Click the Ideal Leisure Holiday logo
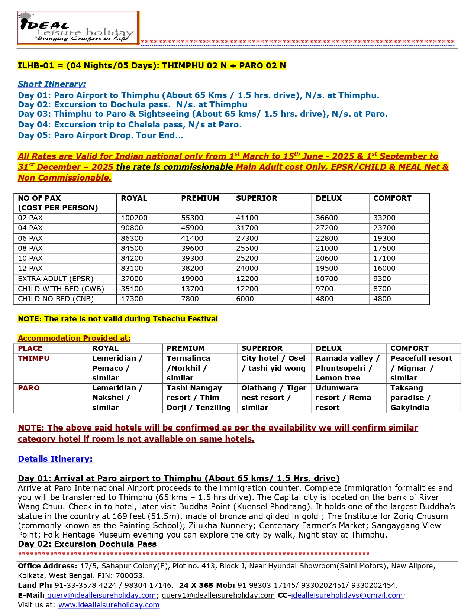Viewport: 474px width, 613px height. (78, 28)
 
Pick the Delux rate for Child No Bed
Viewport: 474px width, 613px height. (324, 299)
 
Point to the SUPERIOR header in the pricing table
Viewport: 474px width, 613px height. (257, 198)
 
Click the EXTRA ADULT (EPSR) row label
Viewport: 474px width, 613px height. (55, 279)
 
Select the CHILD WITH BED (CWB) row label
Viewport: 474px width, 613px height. (61, 289)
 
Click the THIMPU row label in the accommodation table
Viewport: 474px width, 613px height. (33, 359)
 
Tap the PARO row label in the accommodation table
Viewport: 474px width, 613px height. (29, 388)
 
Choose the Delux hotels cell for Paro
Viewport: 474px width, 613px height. (343, 398)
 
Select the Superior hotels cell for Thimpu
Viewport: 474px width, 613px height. (273, 363)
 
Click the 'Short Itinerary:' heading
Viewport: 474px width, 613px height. (52, 84)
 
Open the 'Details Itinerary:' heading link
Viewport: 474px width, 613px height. (55, 459)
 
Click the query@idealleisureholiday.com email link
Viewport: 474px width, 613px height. (101, 596)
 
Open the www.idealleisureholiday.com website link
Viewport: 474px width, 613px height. (109, 605)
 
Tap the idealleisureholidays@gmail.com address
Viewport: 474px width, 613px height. (346, 596)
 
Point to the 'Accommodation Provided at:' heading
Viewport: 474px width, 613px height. (74, 338)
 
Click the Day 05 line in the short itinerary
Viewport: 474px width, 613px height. (100, 136)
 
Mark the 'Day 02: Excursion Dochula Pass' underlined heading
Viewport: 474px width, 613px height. (87, 544)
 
